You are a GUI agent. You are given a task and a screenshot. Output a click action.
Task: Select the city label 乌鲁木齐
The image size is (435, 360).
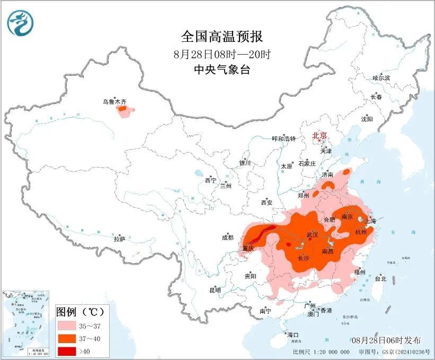pyautogui.click(x=115, y=101)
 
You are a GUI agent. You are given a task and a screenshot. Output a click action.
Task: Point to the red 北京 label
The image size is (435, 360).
pyautogui.click(x=320, y=135)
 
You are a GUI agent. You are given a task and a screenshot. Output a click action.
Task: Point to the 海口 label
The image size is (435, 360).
pyautogui.click(x=292, y=335)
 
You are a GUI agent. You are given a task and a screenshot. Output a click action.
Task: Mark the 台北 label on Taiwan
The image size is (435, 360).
pyautogui.click(x=380, y=278)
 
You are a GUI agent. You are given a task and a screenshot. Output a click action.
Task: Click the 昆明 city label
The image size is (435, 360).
pyautogui.click(x=215, y=290)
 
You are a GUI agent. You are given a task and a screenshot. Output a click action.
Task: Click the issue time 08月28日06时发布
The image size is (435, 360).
pyautogui.click(x=386, y=340)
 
